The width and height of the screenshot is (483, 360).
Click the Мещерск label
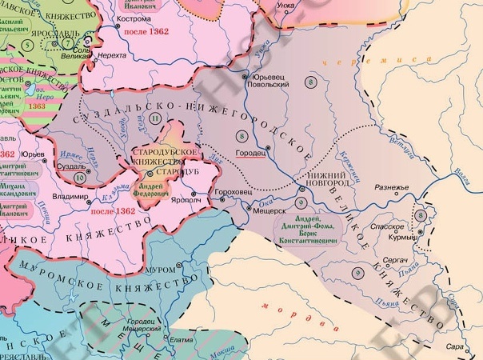(270, 211)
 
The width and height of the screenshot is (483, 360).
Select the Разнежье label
(391, 189)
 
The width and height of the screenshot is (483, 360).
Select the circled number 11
(155, 118)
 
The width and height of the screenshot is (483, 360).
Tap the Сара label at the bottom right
(453, 347)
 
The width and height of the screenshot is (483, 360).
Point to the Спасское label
(376, 227)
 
